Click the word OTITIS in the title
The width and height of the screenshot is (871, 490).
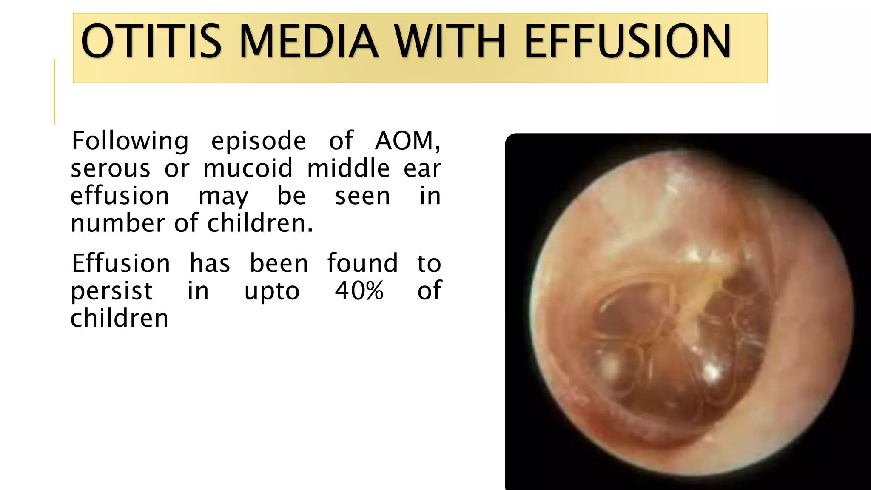151,41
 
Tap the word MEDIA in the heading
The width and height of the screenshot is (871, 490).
308,41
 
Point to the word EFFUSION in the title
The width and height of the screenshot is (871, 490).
627,41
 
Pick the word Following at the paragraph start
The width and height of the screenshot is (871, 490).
130,142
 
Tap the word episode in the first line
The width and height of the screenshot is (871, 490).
259,142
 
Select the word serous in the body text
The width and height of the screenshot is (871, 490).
110,168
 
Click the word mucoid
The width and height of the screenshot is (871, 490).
248,168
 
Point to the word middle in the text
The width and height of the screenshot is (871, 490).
348,168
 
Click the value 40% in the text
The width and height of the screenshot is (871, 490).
359,291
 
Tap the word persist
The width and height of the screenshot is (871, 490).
111,291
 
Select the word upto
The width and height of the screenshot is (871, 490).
272,291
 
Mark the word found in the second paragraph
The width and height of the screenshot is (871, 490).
362,263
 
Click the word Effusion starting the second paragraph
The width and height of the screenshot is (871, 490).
121,263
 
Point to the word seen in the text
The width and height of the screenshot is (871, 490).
362,196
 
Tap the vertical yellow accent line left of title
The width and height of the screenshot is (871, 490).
54,91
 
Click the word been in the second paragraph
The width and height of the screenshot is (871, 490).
279,263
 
